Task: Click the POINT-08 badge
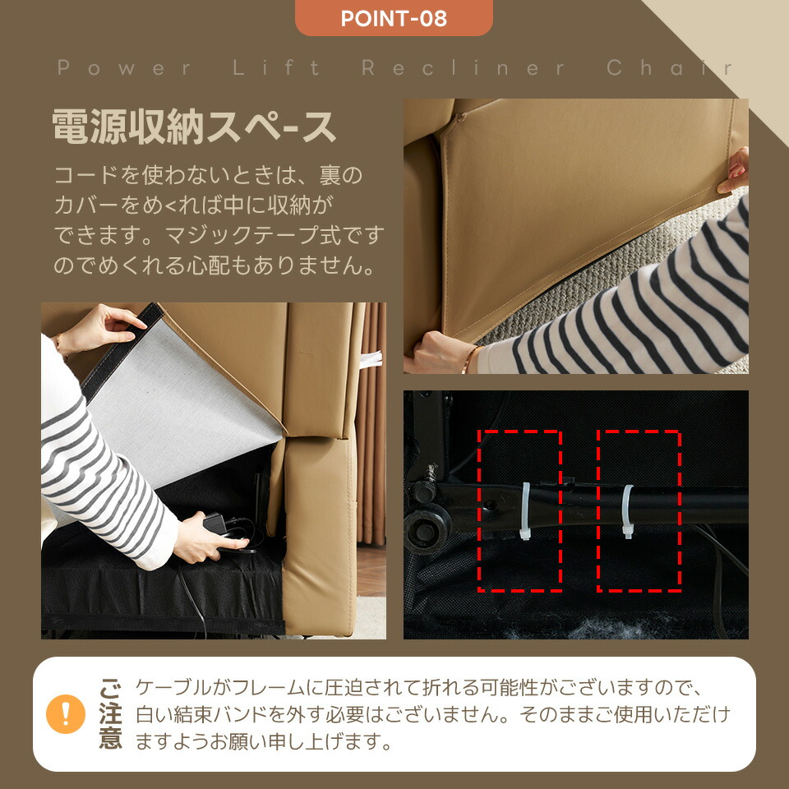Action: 394,18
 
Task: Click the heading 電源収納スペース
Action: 194,127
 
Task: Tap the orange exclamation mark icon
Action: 66,714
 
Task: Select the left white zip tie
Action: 525,510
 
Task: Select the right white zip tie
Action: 627,510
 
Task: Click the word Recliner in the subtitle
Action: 463,68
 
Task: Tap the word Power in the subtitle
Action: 124,68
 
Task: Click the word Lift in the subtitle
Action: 276,68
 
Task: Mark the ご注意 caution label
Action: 110,714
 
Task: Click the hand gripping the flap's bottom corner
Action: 436,353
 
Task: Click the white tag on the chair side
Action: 371,360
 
